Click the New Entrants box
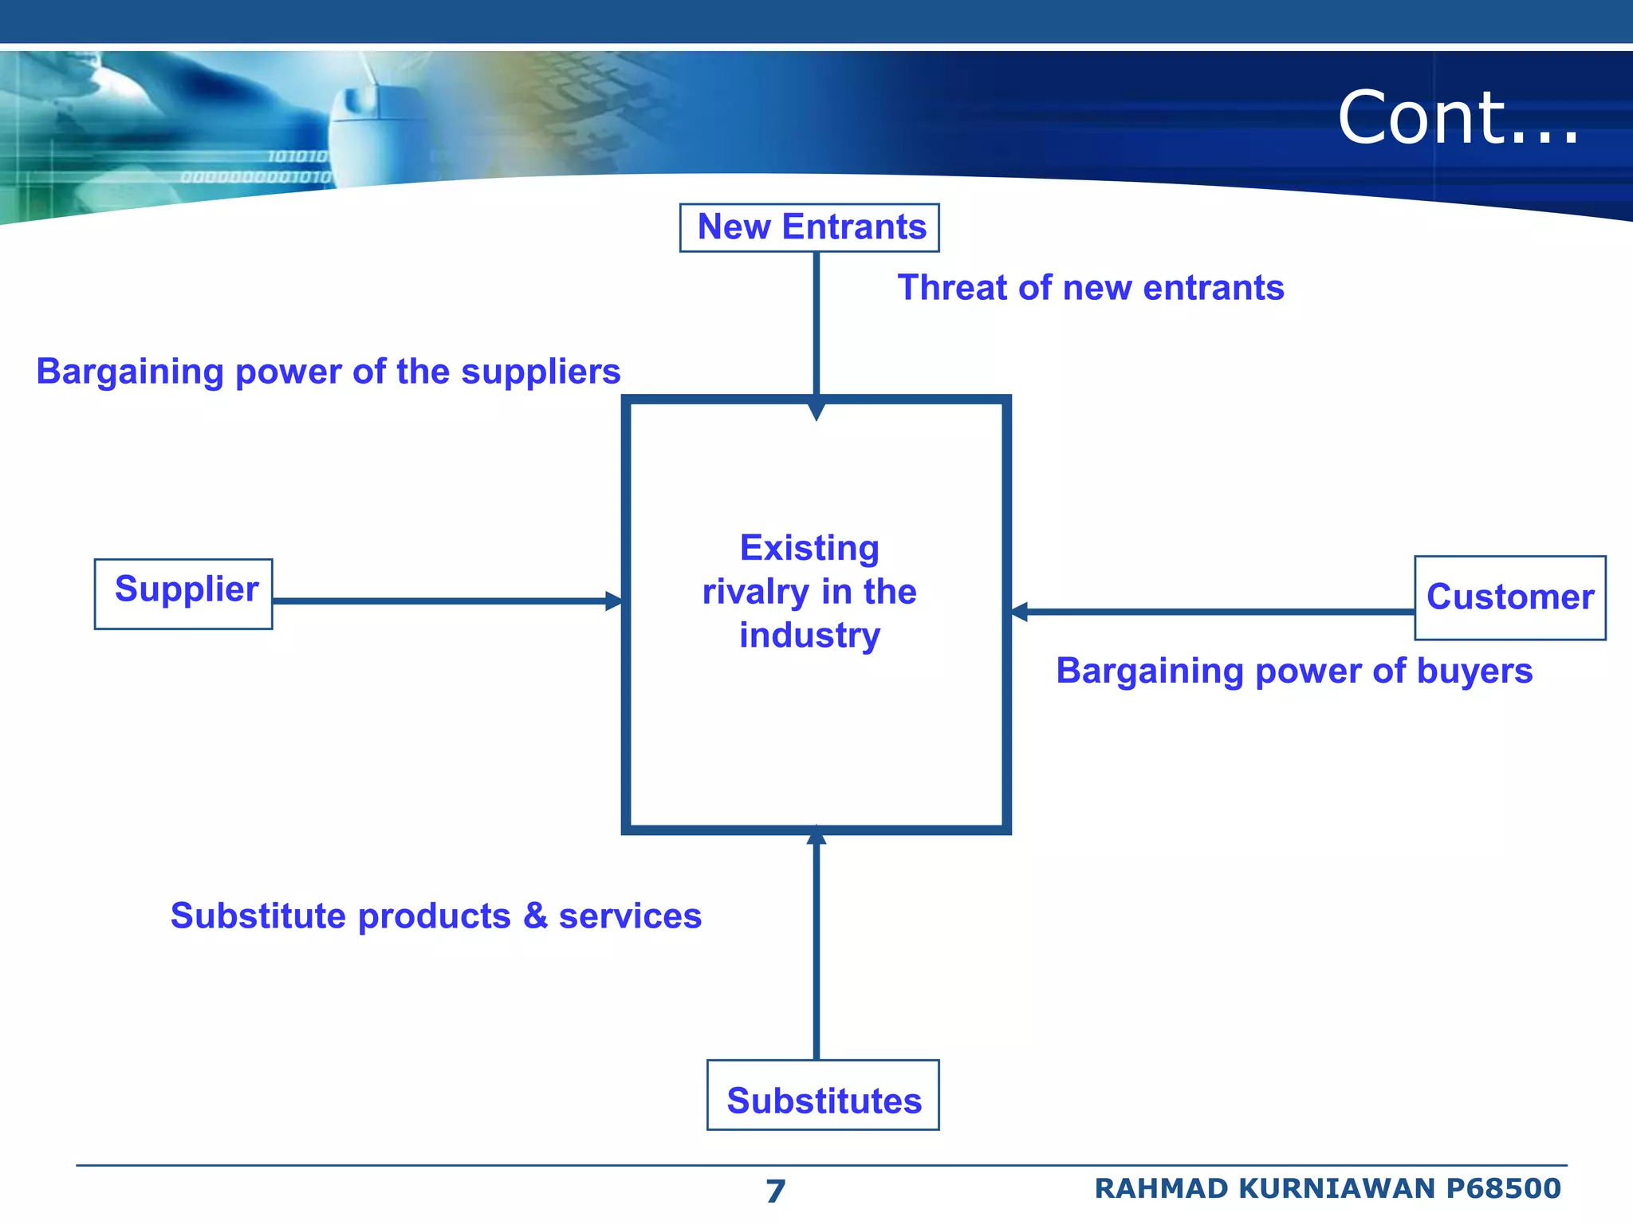tap(809, 227)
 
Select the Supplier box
tap(183, 593)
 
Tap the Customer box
tap(1509, 597)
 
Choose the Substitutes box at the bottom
tap(823, 1095)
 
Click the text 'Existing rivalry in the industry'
tap(809, 591)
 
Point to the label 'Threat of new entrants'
tap(1090, 287)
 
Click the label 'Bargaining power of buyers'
tap(1293, 671)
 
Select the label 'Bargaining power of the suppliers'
tap(328, 372)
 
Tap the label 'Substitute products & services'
tap(435, 916)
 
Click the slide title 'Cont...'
tap(1458, 118)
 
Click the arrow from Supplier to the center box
tap(447, 601)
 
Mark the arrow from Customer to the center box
tap(1212, 612)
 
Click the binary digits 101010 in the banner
tap(297, 156)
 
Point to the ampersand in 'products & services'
tap(535, 916)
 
